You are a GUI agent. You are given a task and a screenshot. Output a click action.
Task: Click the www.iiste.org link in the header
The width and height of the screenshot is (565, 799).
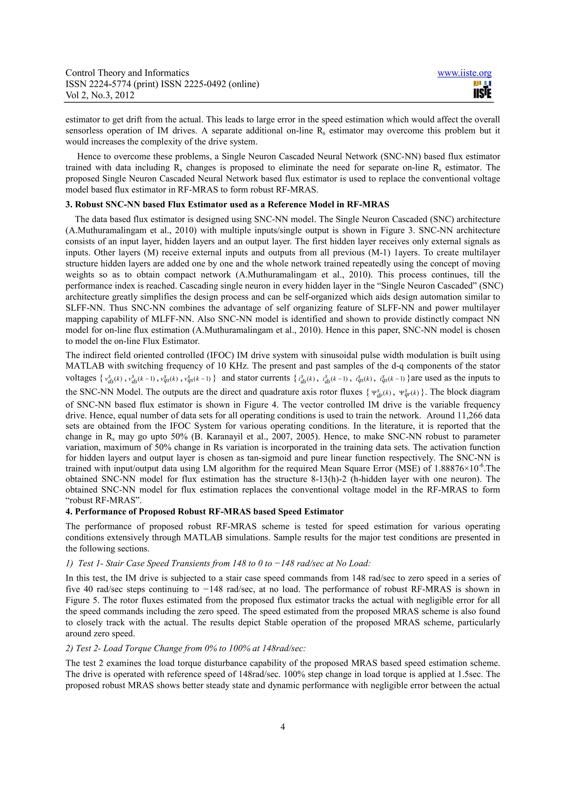pyautogui.click(x=464, y=73)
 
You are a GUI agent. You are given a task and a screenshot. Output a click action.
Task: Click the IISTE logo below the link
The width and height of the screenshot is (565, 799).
pyautogui.click(x=482, y=90)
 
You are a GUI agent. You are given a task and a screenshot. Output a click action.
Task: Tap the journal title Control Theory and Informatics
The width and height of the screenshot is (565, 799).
pyautogui.click(x=127, y=73)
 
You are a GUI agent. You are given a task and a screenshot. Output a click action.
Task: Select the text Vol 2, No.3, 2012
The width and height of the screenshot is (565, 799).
pyautogui.click(x=100, y=95)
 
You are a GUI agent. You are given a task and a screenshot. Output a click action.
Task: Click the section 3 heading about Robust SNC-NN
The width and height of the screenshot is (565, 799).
pyautogui.click(x=227, y=205)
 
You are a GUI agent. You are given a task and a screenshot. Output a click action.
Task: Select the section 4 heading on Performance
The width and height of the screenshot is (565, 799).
pyautogui.click(x=204, y=511)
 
